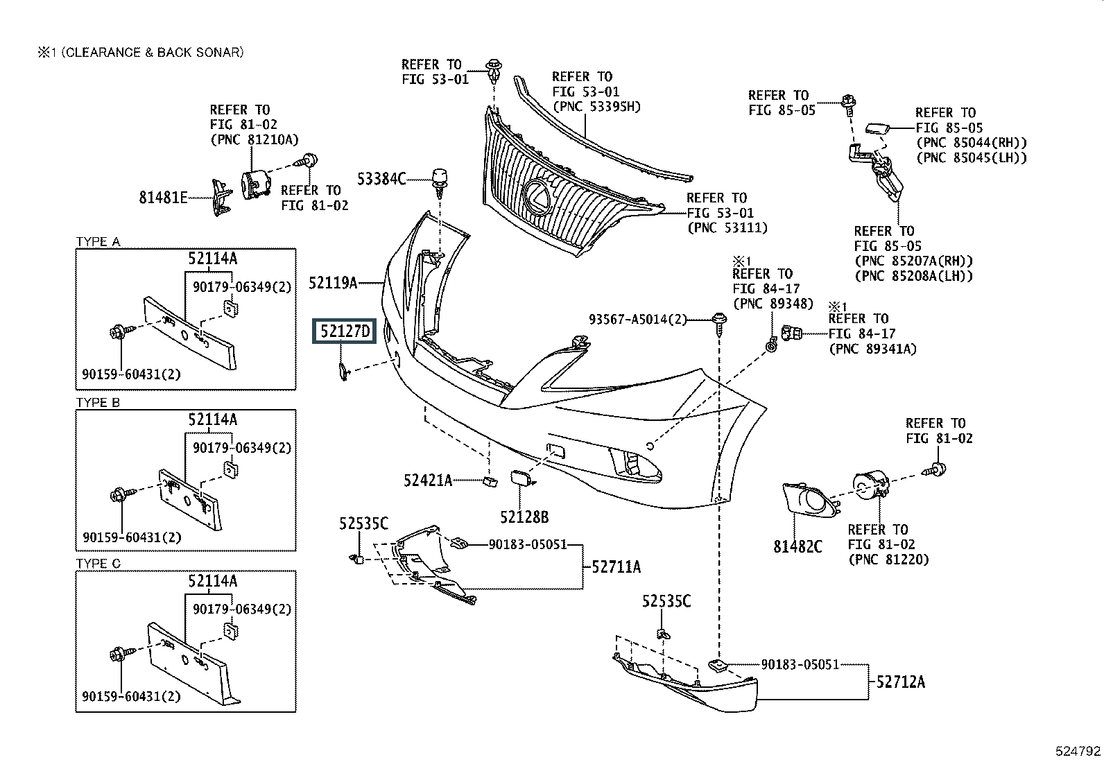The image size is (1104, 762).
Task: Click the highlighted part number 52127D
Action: (345, 331)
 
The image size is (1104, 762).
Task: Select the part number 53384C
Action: (381, 179)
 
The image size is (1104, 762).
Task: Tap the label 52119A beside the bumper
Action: (333, 282)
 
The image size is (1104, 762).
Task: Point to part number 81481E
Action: (163, 198)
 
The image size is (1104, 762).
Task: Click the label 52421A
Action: (428, 480)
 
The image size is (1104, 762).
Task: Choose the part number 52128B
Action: (525, 517)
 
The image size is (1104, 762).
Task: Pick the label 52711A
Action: (616, 567)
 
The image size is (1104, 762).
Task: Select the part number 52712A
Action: (900, 682)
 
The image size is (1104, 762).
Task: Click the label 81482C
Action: (797, 547)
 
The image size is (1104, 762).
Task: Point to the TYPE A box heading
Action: (98, 242)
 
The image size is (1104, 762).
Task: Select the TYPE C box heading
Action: (98, 564)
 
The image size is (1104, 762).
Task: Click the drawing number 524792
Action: (1078, 751)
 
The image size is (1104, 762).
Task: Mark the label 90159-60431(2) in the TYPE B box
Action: (131, 537)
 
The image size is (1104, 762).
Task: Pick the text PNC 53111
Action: (727, 227)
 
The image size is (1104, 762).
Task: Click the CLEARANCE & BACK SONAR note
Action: (140, 52)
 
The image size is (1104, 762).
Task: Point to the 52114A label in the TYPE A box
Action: (212, 259)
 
